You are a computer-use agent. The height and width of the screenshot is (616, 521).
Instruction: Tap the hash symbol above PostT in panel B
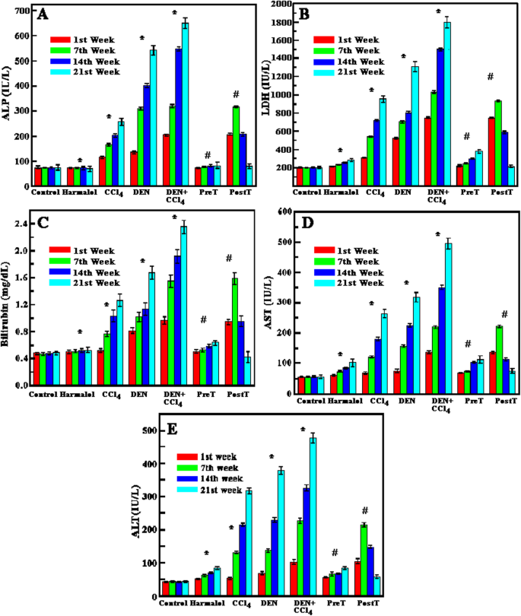tap(491, 77)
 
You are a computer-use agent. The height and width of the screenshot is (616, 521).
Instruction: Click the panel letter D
tap(307, 223)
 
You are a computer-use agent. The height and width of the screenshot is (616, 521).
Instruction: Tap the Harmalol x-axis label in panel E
tap(207, 602)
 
